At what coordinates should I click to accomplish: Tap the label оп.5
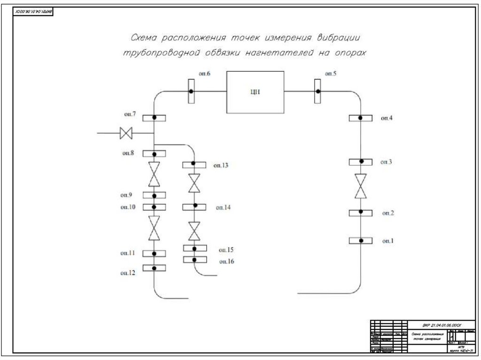point(330,74)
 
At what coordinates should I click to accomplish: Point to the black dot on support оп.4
point(360,118)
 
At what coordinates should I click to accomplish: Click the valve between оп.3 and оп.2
point(361,186)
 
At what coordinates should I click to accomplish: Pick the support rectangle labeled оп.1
point(361,241)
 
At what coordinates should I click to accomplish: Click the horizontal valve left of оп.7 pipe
point(126,133)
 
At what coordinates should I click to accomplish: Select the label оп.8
point(128,153)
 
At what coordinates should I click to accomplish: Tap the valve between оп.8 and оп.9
point(154,174)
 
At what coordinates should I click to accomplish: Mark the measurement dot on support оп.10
point(154,207)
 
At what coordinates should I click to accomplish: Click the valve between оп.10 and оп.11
point(154,228)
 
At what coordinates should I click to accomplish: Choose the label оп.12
point(128,272)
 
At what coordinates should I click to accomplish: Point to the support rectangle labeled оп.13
point(194,164)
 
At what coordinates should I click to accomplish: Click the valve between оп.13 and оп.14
point(194,183)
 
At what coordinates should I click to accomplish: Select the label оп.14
point(223,207)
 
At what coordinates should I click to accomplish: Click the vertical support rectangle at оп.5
point(318,91)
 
